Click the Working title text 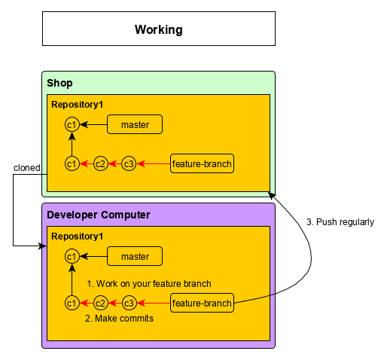[159, 29]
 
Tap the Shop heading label [59, 83]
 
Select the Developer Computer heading [99, 215]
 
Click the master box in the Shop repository [135, 124]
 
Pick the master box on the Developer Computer [135, 256]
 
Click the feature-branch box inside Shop [202, 163]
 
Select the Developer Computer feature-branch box [202, 303]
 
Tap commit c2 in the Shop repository [101, 164]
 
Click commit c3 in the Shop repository [129, 164]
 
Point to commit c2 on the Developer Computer [101, 304]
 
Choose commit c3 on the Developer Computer [130, 304]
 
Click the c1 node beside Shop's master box [72, 124]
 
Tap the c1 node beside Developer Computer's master [72, 256]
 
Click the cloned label [27, 168]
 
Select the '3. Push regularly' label [340, 222]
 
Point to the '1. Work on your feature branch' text [149, 284]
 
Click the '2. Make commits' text [119, 319]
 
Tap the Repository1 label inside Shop [78, 105]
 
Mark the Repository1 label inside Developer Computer [78, 236]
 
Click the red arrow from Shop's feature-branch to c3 [154, 164]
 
